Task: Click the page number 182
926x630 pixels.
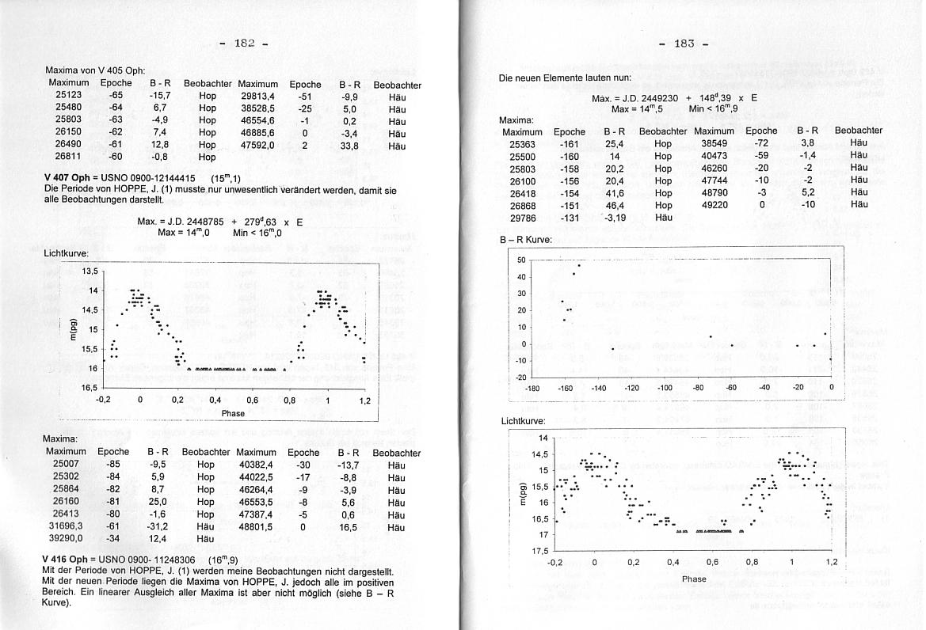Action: pyautogui.click(x=244, y=43)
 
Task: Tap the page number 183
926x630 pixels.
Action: pyautogui.click(x=683, y=43)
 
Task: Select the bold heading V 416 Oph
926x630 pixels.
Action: pyautogui.click(x=69, y=560)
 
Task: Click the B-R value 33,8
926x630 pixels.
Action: pyautogui.click(x=350, y=146)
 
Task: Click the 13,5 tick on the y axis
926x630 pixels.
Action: pyautogui.click(x=90, y=271)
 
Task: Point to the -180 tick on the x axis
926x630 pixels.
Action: pyautogui.click(x=532, y=388)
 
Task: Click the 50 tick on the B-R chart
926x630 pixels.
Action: pyautogui.click(x=521, y=260)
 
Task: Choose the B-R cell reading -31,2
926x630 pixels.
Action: pyautogui.click(x=158, y=526)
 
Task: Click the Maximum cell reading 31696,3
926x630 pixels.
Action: pyautogui.click(x=63, y=526)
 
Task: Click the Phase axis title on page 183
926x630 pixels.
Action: pyautogui.click(x=693, y=579)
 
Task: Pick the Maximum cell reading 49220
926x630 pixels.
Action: pyautogui.click(x=714, y=205)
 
